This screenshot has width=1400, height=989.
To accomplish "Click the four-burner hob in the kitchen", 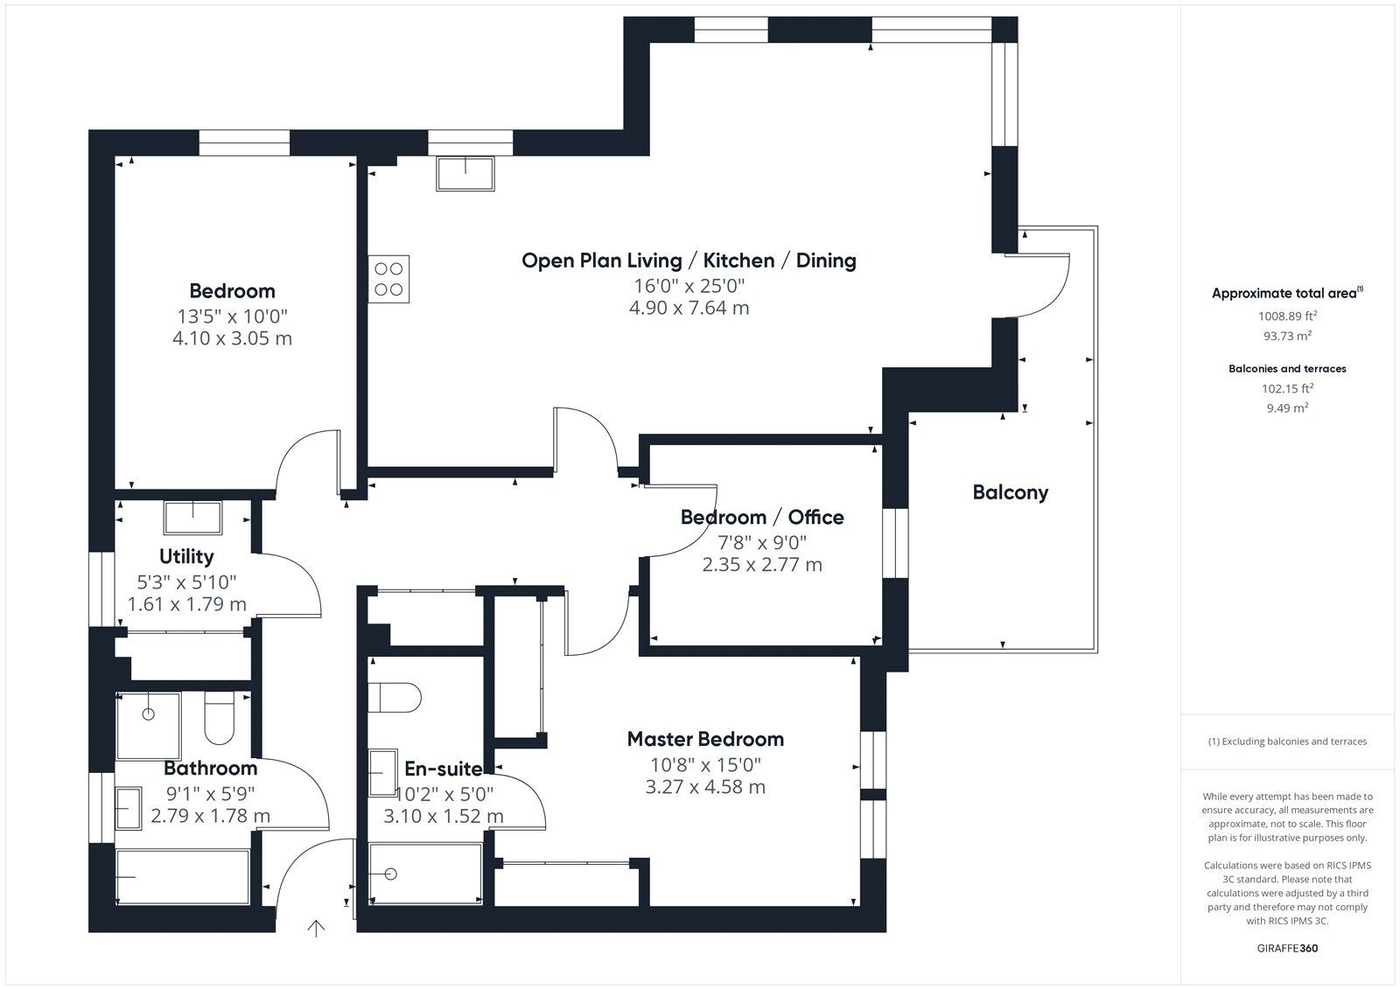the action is point(388,279).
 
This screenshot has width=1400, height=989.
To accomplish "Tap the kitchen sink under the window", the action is point(465,173).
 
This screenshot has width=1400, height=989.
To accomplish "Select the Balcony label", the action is point(1011,492).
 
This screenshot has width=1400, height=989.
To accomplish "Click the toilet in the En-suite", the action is point(395,697).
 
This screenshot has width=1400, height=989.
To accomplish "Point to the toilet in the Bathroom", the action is point(220,718).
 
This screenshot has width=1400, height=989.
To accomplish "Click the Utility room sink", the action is point(193,518).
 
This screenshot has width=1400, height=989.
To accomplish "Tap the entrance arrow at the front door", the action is point(316,929).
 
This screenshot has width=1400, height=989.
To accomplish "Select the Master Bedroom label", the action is point(705,739).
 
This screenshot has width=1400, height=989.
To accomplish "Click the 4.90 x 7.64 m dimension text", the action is point(689,308).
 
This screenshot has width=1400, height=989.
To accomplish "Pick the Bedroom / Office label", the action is point(762,518).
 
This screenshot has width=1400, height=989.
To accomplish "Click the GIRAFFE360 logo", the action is point(1287,948).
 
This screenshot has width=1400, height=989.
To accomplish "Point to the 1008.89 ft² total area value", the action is point(1287,316).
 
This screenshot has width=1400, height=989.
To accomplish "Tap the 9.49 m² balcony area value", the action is point(1287,407).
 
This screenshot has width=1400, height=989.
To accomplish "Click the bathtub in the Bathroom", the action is point(183,876).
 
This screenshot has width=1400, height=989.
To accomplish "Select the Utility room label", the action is point(186,556).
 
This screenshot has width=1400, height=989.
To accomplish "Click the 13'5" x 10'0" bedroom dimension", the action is point(232,317).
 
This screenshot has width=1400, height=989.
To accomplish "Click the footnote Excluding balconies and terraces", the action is point(1287,742).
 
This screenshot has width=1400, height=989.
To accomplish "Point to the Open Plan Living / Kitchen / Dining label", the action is point(689,261).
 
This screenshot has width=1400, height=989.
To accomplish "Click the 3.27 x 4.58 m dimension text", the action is point(705,787).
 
